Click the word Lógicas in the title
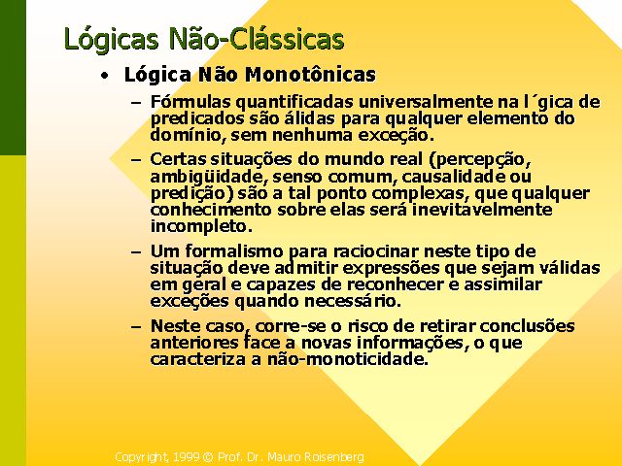112,40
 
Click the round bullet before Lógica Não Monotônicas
104,76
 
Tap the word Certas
178,159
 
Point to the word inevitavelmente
482,210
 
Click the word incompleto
201,227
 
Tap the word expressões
391,269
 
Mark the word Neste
176,326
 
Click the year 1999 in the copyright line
187,457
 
